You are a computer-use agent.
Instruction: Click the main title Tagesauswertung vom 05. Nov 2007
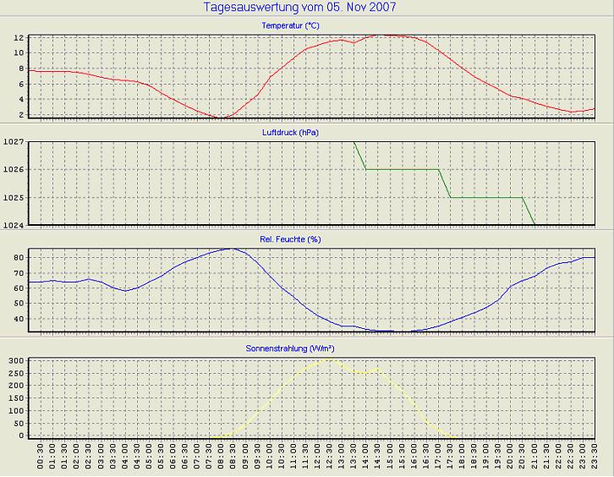pyautogui.click(x=299, y=8)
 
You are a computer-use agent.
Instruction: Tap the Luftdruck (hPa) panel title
pyautogui.click(x=302, y=133)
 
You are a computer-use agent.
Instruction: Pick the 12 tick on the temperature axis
pyautogui.click(x=18, y=38)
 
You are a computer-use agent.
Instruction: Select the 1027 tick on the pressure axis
pyautogui.click(x=13, y=142)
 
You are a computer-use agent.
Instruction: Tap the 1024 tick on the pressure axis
pyautogui.click(x=13, y=225)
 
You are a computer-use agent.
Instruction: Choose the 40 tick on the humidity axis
pyautogui.click(x=18, y=320)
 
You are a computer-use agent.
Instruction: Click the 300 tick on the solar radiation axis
pyautogui.click(x=15, y=361)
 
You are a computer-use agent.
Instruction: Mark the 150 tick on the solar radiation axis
pyautogui.click(x=15, y=398)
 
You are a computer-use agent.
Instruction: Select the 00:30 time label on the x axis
pyautogui.click(x=41, y=460)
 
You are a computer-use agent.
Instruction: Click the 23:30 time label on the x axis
pyautogui.click(x=595, y=460)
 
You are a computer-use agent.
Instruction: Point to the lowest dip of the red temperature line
pyautogui.click(x=222, y=118)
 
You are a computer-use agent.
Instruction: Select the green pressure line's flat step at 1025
pyautogui.click(x=486, y=197)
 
